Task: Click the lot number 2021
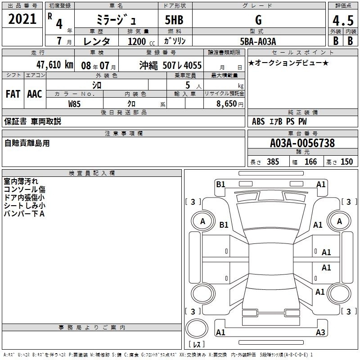click(22, 19)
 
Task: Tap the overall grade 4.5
click(343, 20)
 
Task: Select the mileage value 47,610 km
click(54, 65)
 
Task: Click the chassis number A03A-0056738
click(302, 143)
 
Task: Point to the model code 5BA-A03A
click(258, 41)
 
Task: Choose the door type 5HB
click(174, 20)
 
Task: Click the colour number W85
click(74, 104)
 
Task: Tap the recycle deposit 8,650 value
click(226, 104)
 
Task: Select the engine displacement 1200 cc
click(141, 41)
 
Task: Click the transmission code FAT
click(13, 94)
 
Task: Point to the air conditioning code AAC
click(35, 94)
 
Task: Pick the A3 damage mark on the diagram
click(320, 332)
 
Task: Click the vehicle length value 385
click(273, 162)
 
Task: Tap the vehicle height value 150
click(346, 162)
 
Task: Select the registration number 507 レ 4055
click(182, 65)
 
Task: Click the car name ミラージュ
click(116, 20)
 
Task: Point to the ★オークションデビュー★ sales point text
click(288, 63)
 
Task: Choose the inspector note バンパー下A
click(24, 214)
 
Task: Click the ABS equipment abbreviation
click(258, 121)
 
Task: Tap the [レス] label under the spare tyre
click(197, 344)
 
